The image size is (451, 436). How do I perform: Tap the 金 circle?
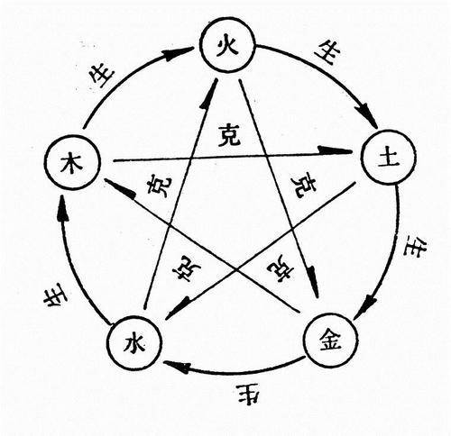click(328, 337)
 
